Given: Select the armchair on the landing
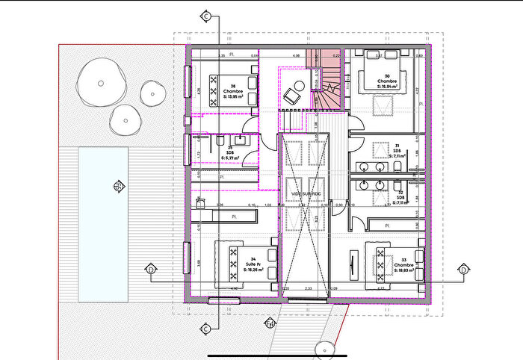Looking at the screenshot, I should tap(292, 95).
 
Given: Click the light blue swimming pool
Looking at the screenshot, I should tap(103, 224).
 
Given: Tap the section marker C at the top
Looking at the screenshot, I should tap(205, 15).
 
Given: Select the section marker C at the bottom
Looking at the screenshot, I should tap(205, 329).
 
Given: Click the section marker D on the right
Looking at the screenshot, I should tap(463, 269).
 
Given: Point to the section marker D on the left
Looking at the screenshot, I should tap(150, 269).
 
